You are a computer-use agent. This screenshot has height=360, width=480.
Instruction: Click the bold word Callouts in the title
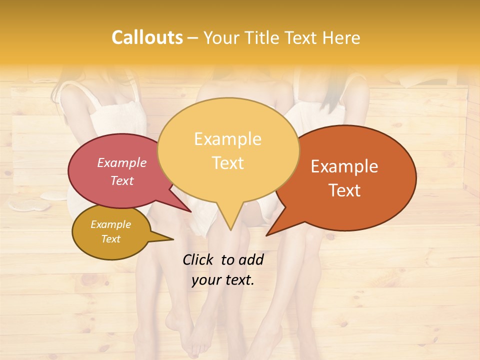pyautogui.click(x=147, y=37)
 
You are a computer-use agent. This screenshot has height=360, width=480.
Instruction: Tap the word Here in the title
pyautogui.click(x=342, y=37)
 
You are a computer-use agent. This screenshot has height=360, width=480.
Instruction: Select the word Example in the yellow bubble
pyautogui.click(x=227, y=139)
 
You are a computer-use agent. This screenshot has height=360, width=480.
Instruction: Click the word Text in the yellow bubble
pyautogui.click(x=227, y=163)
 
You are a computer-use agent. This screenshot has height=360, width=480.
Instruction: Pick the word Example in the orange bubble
pyautogui.click(x=344, y=166)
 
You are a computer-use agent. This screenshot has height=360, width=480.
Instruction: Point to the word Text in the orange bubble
pyautogui.click(x=344, y=190)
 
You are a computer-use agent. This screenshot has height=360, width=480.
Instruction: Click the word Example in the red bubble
pyautogui.click(x=122, y=162)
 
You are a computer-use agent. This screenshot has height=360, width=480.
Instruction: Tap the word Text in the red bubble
pyautogui.click(x=122, y=180)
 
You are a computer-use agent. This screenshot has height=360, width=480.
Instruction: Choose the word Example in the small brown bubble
pyautogui.click(x=110, y=224)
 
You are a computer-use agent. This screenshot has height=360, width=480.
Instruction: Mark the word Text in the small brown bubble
pyautogui.click(x=110, y=239)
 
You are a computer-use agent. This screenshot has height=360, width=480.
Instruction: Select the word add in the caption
pyautogui.click(x=251, y=259)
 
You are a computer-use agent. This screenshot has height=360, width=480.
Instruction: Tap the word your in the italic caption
pyautogui.click(x=205, y=280)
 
